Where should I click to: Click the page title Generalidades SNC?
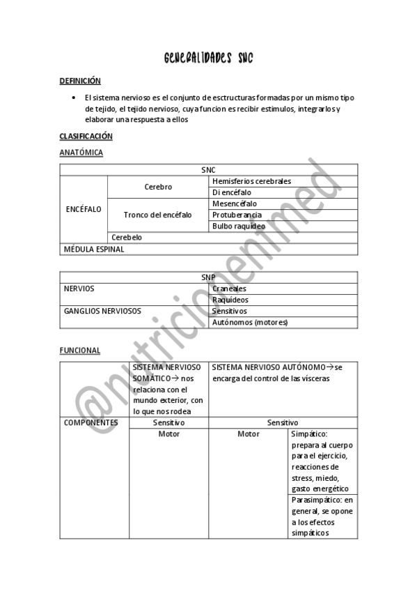point(208,59)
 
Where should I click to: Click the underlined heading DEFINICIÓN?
point(80,81)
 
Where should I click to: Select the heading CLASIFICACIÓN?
point(86,136)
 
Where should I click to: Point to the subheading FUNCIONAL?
point(80,350)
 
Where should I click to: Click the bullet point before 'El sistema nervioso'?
point(73,98)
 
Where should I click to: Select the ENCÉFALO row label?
point(83,209)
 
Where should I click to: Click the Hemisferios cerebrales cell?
point(251,181)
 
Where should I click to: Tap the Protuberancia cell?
point(237,215)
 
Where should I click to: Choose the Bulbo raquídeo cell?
point(239,226)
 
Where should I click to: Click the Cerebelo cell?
point(127,237)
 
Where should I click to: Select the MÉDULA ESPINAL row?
point(94,248)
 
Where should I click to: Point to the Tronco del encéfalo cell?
point(157,215)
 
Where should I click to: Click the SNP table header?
point(208,277)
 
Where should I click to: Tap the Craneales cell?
point(229,288)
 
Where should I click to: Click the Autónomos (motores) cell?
point(249,322)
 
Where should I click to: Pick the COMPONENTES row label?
point(91,422)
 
